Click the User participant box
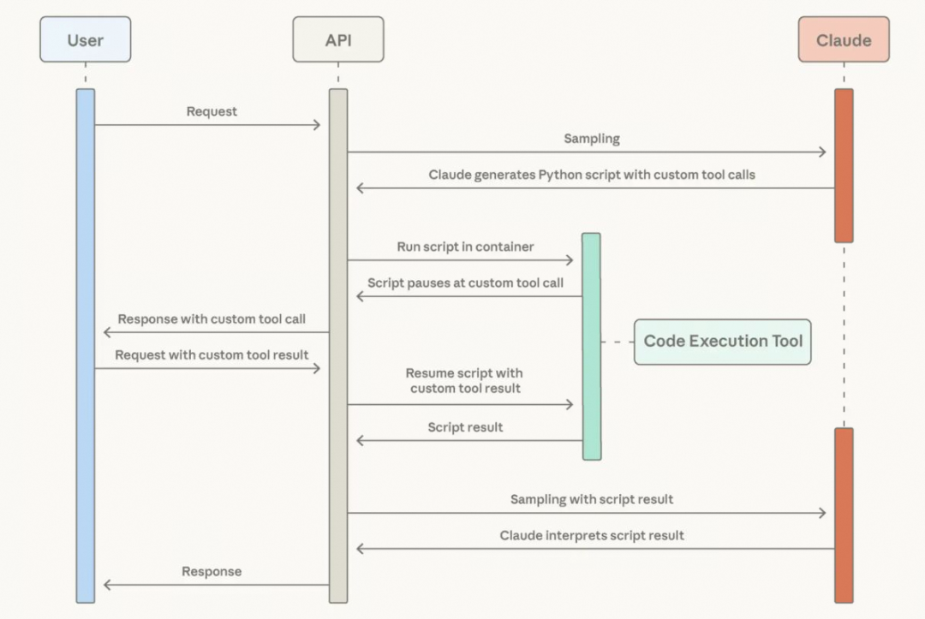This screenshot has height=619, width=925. click(86, 39)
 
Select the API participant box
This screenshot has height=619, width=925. click(337, 39)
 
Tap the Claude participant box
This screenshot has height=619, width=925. click(844, 39)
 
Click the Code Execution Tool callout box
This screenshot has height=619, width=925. click(722, 341)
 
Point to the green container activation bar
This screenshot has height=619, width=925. click(591, 346)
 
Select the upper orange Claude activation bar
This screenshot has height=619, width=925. click(844, 165)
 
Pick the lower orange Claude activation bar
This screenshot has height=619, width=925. click(844, 515)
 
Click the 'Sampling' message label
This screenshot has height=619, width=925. click(591, 138)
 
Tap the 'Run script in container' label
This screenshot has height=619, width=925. click(465, 247)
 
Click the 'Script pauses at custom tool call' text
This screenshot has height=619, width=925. click(465, 283)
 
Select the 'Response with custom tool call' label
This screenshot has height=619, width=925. click(212, 318)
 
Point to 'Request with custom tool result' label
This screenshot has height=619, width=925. click(212, 354)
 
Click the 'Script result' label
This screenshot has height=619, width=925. click(465, 426)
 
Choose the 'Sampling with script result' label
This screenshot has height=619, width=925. click(591, 499)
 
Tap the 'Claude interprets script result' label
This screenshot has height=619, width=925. click(591, 535)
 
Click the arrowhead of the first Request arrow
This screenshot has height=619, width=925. click(316, 125)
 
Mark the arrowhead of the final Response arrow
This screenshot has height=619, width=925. click(107, 585)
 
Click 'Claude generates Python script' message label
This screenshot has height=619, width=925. click(591, 175)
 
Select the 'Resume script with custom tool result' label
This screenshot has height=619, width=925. click(465, 381)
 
